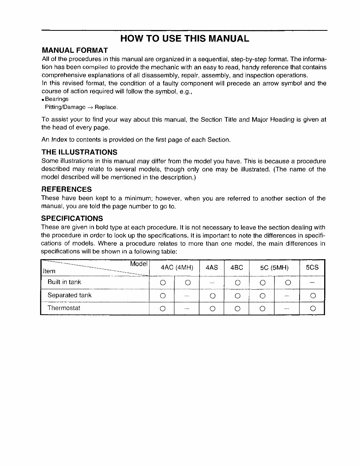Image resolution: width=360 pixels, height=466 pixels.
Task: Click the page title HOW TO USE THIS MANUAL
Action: (x=184, y=39)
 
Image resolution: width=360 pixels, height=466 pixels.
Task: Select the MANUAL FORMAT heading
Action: (x=75, y=50)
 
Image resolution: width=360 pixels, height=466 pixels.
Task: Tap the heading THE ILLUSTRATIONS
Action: (x=79, y=152)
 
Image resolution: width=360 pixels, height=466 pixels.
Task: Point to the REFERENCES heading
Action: (x=67, y=189)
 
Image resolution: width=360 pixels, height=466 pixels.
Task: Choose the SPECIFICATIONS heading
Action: (x=72, y=218)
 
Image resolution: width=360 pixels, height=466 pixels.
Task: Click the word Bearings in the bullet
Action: (x=57, y=99)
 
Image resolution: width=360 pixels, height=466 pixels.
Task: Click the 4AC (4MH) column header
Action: (x=174, y=267)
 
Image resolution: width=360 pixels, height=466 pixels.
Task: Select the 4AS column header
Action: (x=211, y=267)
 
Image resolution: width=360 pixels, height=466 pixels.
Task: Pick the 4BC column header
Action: (x=236, y=267)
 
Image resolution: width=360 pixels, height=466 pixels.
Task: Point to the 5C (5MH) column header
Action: (x=274, y=267)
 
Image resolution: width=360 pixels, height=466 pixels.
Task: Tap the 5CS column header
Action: (x=312, y=267)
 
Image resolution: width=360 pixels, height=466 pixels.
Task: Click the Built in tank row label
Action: (x=64, y=282)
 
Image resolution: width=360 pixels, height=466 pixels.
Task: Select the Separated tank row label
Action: (x=69, y=295)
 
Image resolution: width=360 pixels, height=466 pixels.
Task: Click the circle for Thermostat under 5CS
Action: (x=312, y=308)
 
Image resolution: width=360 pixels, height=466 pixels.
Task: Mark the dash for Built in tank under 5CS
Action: (x=312, y=283)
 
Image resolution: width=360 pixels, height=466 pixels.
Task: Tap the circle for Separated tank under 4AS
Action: (x=212, y=296)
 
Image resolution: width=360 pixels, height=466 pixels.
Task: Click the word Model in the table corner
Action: (x=139, y=264)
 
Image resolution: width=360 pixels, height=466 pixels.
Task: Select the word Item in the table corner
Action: (x=49, y=271)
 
